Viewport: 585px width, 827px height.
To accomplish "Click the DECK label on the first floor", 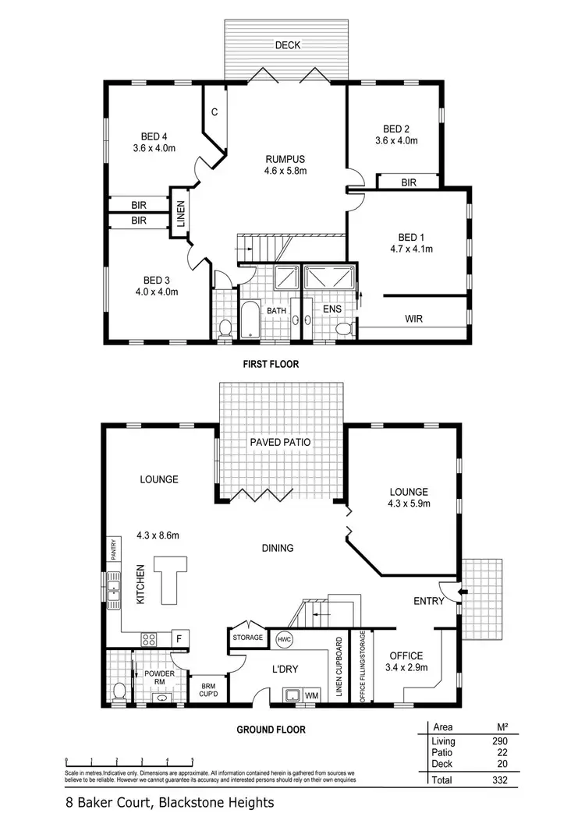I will coord(288,45).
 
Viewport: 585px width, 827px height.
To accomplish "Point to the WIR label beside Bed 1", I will coord(413,319).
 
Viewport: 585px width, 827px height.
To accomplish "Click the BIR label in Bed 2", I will coord(408,182).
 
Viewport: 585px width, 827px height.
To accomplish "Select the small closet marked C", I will coord(214,112).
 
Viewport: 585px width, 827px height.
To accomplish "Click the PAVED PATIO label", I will coord(280,442).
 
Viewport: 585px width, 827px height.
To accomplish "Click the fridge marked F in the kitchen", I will coord(178,638).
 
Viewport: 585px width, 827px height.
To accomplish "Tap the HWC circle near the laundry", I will coord(283,640).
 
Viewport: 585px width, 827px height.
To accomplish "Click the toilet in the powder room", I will coord(119,691).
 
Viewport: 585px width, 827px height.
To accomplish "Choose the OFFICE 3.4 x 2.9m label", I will coord(407,663).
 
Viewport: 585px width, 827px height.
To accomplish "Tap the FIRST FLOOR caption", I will coord(270,364).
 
